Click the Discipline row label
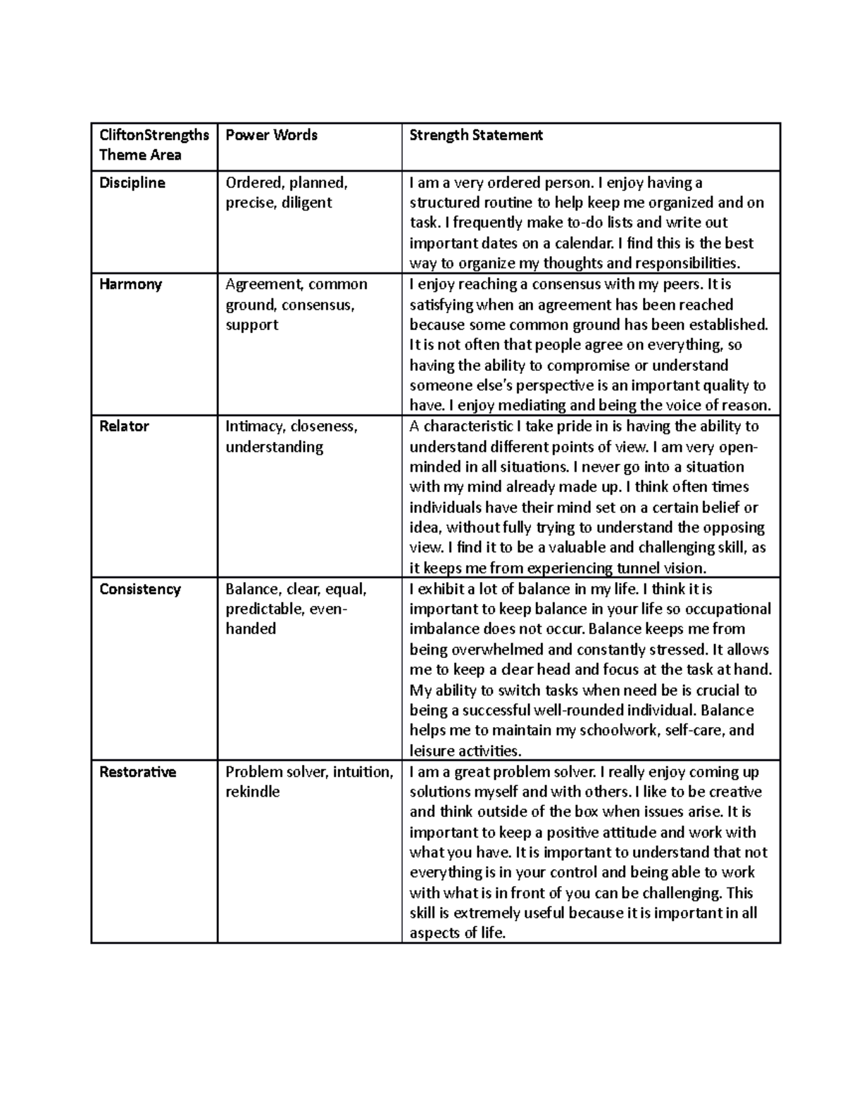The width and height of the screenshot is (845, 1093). pyautogui.click(x=132, y=183)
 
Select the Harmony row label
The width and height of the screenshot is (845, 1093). pyautogui.click(x=131, y=284)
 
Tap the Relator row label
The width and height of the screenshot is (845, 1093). pyautogui.click(x=124, y=427)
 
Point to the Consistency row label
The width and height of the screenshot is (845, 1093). pyautogui.click(x=140, y=589)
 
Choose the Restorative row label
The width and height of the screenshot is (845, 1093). pyautogui.click(x=137, y=772)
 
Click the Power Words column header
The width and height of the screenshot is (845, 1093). pyautogui.click(x=271, y=135)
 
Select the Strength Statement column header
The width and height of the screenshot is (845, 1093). pyautogui.click(x=476, y=135)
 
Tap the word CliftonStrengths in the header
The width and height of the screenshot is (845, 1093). pyautogui.click(x=154, y=135)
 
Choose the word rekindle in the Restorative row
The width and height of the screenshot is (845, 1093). pyautogui.click(x=252, y=792)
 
